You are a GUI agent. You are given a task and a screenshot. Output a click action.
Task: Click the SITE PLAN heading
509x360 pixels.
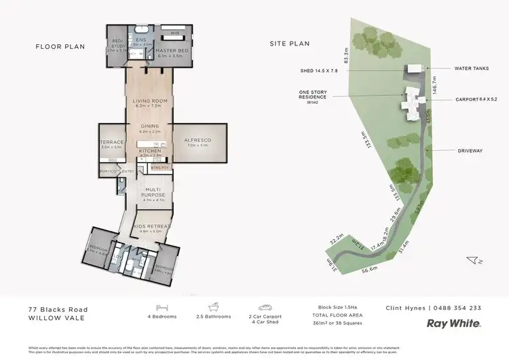point(289,44)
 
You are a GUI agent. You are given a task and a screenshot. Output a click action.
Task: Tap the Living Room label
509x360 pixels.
point(150,101)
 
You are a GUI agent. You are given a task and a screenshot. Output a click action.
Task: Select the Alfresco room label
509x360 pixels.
point(198,141)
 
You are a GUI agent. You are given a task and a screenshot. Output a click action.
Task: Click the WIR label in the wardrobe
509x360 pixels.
point(174,32)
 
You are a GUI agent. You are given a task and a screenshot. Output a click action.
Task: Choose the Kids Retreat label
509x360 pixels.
point(152,226)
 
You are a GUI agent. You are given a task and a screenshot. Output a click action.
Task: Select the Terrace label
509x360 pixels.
point(112,142)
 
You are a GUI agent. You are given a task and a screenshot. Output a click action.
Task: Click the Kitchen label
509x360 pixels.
point(150,151)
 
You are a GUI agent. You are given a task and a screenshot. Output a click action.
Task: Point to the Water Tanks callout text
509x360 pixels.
point(467,69)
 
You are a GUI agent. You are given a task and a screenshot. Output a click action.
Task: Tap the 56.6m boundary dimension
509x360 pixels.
point(370,269)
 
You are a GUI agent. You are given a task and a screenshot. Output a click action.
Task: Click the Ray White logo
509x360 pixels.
point(454,324)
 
